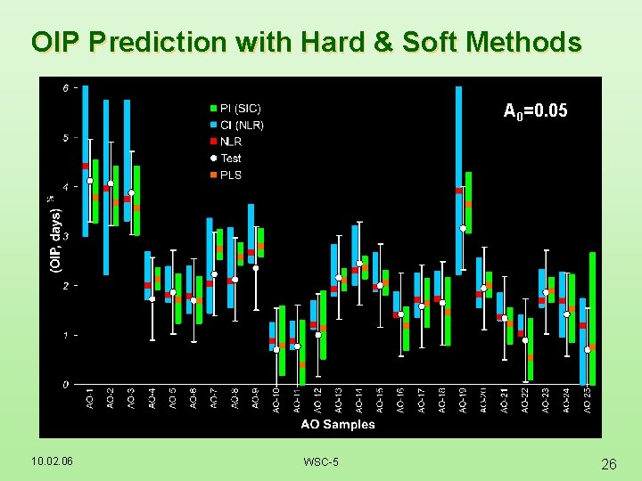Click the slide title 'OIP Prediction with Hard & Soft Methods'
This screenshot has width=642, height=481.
(x=306, y=42)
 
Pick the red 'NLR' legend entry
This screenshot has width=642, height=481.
(x=231, y=142)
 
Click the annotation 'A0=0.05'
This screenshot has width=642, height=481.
(x=535, y=111)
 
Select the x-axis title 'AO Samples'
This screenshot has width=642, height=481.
(x=338, y=424)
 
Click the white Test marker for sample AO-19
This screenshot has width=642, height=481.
(x=463, y=228)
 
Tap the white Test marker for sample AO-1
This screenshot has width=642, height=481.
(x=90, y=181)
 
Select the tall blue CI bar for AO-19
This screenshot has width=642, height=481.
(x=458, y=160)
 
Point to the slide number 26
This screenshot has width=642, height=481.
(x=609, y=463)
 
